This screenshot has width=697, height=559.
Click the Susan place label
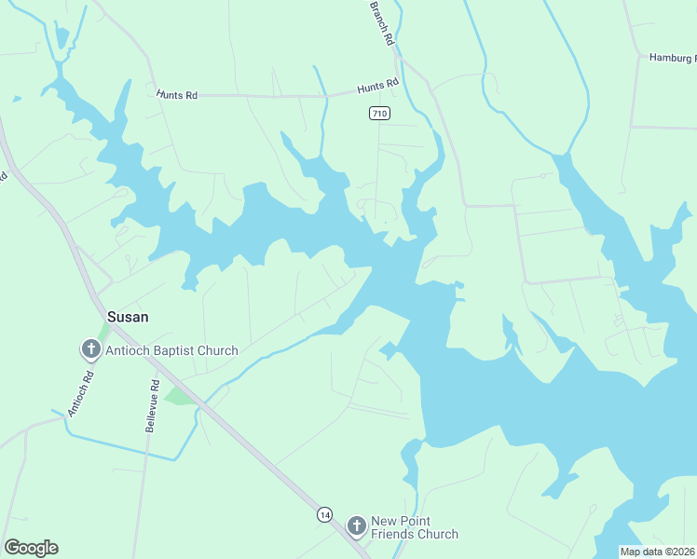[128, 317]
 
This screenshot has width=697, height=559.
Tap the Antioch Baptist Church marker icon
[90, 350]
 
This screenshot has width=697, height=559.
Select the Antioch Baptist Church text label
[172, 351]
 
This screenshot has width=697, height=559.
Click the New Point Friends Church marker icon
[356, 526]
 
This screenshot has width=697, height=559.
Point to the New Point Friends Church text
[415, 527]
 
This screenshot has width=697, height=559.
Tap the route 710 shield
[377, 114]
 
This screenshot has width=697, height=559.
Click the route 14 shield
[324, 514]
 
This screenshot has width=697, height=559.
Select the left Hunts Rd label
[177, 95]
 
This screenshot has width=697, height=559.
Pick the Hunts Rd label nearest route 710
[377, 87]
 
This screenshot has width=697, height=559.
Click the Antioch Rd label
[82, 393]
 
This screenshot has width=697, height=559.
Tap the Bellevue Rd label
[150, 405]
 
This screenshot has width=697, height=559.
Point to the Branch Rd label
[382, 23]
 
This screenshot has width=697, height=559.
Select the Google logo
[31, 548]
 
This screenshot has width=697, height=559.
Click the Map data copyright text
[657, 552]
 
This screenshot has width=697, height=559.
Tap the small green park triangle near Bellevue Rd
[178, 397]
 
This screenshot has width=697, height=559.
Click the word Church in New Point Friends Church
[436, 535]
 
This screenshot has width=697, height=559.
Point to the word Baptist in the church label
[178, 351]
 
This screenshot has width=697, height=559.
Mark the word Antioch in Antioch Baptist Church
[130, 351]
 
